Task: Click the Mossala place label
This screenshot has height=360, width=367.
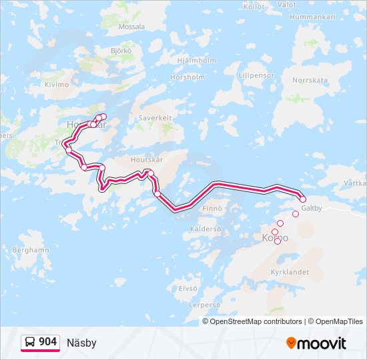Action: (131, 27)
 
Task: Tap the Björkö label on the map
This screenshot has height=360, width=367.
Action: (121, 51)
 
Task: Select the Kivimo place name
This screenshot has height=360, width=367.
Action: (56, 85)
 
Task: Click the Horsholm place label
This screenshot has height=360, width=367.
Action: (188, 77)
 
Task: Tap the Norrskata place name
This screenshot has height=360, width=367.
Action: (310, 80)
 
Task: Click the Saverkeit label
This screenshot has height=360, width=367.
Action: (155, 118)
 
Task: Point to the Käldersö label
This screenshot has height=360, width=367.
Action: (205, 229)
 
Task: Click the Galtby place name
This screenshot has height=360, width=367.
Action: (312, 208)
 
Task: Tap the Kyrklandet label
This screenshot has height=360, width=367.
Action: (290, 273)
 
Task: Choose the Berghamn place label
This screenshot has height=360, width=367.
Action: (31, 250)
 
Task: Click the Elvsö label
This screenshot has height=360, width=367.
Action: (188, 288)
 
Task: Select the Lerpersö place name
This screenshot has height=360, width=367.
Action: (204, 305)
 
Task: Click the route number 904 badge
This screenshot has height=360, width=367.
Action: (40, 342)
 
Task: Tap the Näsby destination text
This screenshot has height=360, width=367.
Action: (81, 343)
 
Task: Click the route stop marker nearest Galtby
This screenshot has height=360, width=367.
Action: (302, 199)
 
